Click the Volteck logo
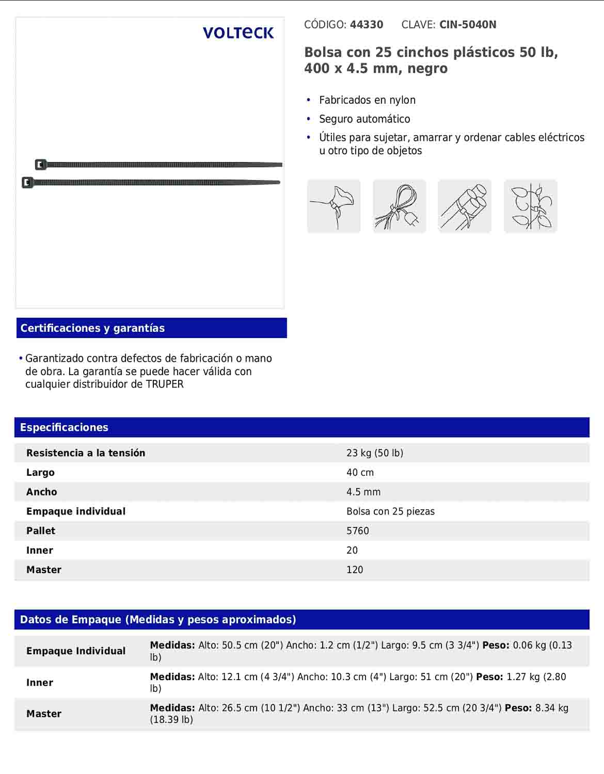pos(238,33)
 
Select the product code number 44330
pos(367,25)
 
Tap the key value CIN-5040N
pos(468,25)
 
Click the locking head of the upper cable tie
pos(41,165)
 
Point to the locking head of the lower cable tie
pos(27,183)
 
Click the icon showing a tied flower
pos(333,206)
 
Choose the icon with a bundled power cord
pos(399,206)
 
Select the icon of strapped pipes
pos(465,206)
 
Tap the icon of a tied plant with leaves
pos(530,206)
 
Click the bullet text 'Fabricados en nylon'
pos(367,100)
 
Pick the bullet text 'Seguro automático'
pos(364,119)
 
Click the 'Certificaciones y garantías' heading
pos(92,328)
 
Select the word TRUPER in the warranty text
pos(165,384)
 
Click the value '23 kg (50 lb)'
pos(375,453)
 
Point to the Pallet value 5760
pos(358,531)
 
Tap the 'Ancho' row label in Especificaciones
pos(42,492)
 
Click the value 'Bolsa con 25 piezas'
pos(390,511)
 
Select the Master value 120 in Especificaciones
pos(355,570)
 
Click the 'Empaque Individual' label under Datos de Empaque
pos(76,651)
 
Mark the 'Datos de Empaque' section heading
pos(158,620)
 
